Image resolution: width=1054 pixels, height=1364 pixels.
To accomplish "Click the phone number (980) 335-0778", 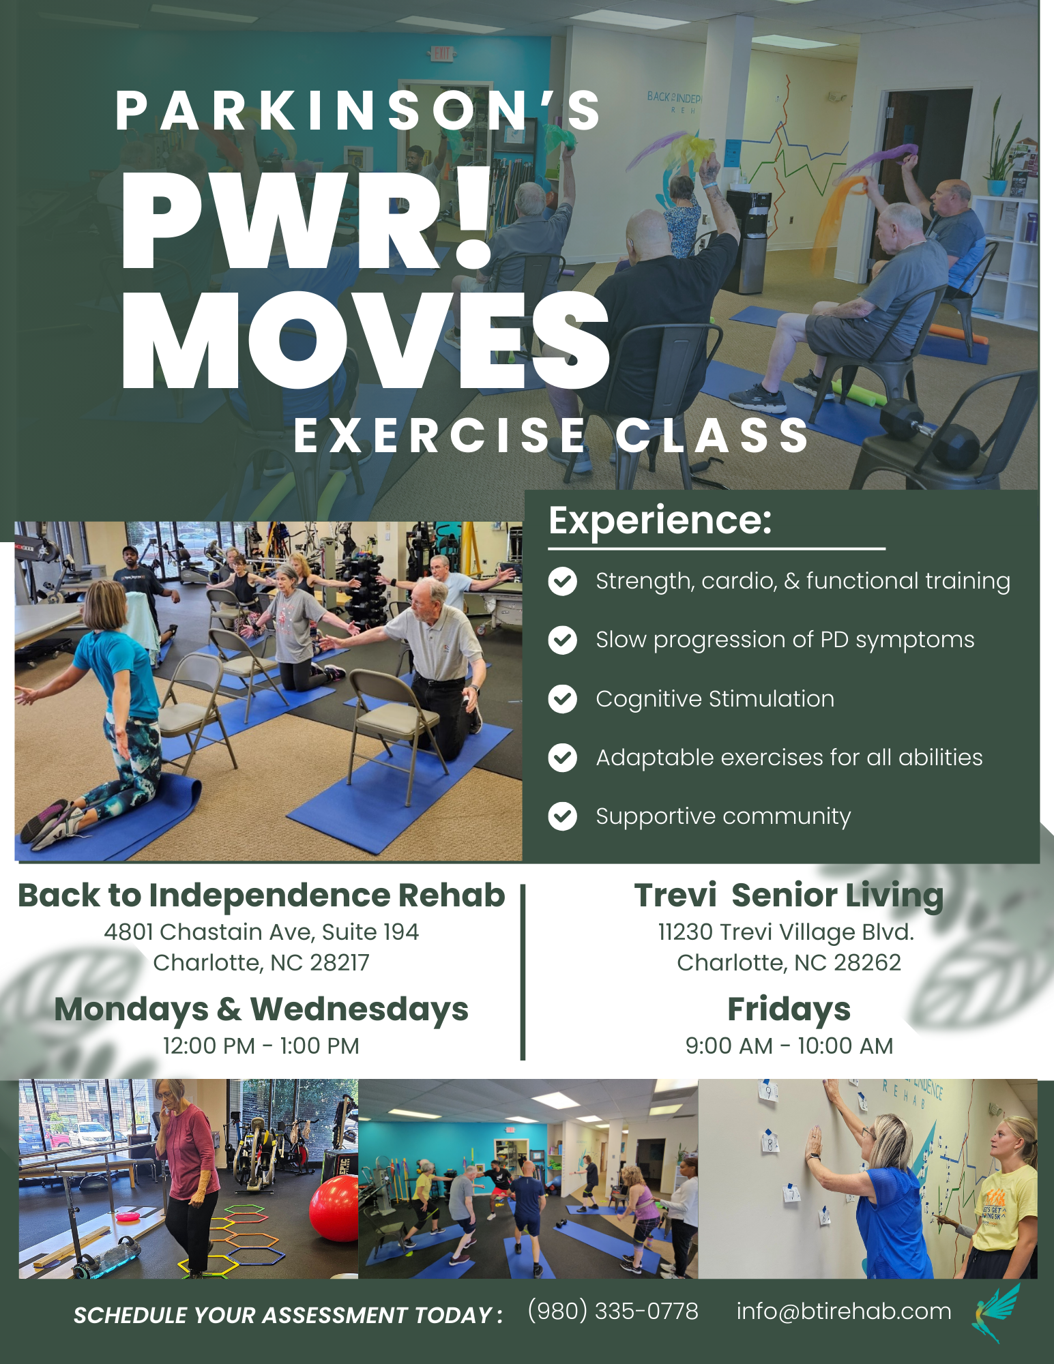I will coord(613,1311).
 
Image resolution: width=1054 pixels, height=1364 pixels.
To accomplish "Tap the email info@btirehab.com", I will coord(843,1311).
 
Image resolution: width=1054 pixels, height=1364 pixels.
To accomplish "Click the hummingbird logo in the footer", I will coord(996,1313).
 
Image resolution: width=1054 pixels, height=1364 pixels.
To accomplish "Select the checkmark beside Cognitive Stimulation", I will coord(563,699).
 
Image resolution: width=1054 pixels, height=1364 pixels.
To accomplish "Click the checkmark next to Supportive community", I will coord(563,816).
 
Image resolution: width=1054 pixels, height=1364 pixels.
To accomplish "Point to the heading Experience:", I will coord(660,520).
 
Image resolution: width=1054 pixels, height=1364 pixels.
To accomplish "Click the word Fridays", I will coord(789,1009).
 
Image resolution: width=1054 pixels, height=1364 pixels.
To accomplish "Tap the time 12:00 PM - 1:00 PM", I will coord(261,1046).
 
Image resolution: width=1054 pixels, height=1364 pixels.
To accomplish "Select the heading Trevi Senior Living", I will coord(789,895).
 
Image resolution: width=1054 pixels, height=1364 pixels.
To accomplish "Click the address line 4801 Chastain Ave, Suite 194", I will coord(261,932).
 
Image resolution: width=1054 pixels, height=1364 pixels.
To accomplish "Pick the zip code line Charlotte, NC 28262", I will coord(789,962).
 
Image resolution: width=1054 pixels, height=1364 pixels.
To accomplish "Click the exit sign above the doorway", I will coord(442,53).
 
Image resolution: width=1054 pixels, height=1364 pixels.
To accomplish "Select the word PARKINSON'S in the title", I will coord(358,110).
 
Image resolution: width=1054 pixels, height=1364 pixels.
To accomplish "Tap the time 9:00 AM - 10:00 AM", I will coord(789,1046).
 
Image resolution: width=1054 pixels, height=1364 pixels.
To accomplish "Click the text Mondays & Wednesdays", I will coord(261,1009).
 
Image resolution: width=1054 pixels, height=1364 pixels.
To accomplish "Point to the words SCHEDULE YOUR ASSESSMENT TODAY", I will coord(283,1315).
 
